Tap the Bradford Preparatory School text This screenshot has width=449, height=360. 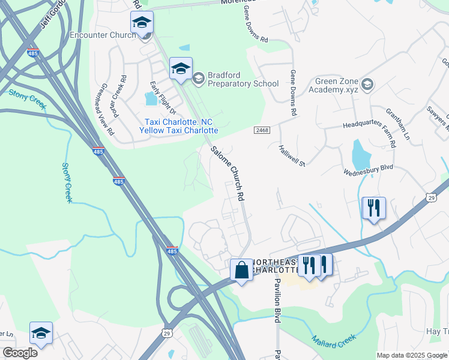(243, 80)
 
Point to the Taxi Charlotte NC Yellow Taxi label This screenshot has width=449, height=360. (178, 125)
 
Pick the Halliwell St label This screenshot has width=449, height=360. (292, 155)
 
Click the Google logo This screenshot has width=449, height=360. (20, 352)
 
